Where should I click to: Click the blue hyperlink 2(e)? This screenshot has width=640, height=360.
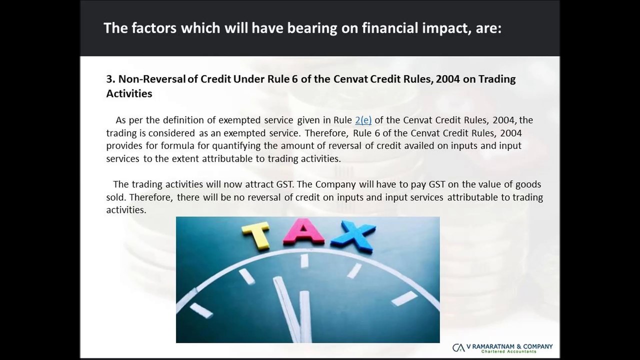click(x=363, y=120)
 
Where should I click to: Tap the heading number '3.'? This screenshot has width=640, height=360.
click(x=110, y=79)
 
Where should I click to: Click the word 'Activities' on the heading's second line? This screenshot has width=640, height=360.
click(x=129, y=93)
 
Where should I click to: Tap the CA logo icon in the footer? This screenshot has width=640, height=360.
click(x=458, y=348)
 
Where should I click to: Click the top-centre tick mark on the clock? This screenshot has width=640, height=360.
click(x=303, y=260)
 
